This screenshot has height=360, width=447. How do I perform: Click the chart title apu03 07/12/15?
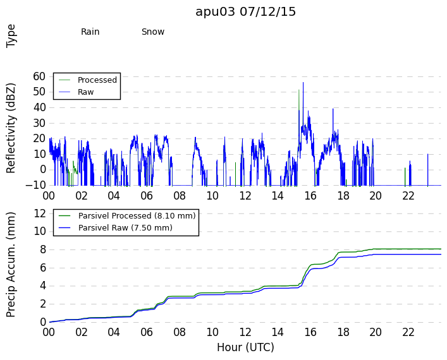coord(245,12)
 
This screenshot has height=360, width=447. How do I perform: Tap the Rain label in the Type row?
coord(90,32)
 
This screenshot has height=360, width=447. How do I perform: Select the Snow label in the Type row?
coord(153,32)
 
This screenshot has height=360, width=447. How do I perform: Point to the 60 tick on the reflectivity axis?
coord(39,76)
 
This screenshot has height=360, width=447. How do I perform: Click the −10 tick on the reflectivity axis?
coord(35,186)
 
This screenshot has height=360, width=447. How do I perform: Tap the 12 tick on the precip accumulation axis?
coord(40,213)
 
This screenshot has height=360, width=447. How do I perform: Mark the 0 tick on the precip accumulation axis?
coord(43,322)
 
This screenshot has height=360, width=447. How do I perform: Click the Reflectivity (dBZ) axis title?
coord(11,128)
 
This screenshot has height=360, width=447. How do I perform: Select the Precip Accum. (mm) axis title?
coord(11,265)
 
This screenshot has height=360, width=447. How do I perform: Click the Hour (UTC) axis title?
coord(245,347)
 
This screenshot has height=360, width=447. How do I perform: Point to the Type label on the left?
coord(11,36)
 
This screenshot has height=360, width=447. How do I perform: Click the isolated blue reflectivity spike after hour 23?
coord(427,169)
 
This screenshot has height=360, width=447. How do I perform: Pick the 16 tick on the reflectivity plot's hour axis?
coord(310,196)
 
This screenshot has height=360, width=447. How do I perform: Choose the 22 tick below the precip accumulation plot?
coord(408,332)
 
